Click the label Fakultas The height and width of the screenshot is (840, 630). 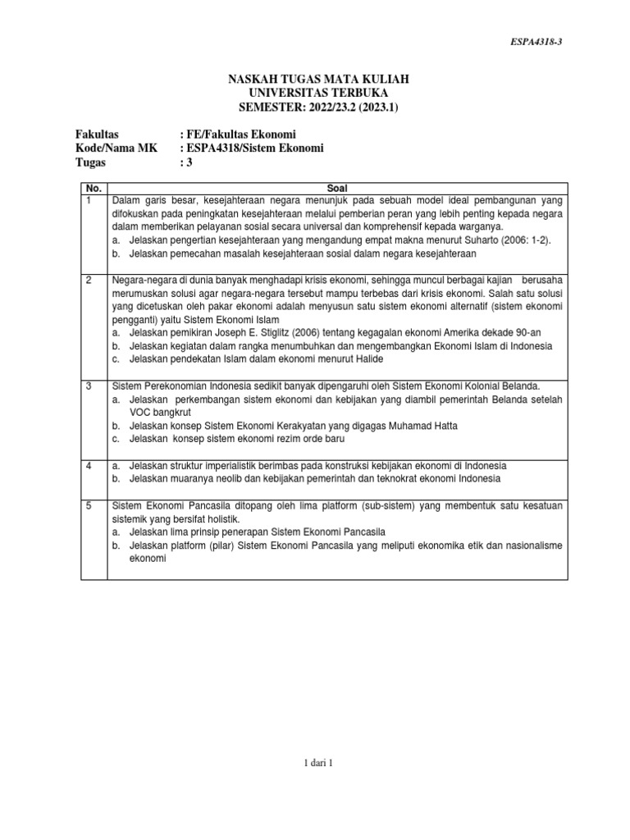coord(97,134)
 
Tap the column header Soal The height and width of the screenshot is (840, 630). coord(337,188)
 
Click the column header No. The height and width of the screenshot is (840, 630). coord(93,188)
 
